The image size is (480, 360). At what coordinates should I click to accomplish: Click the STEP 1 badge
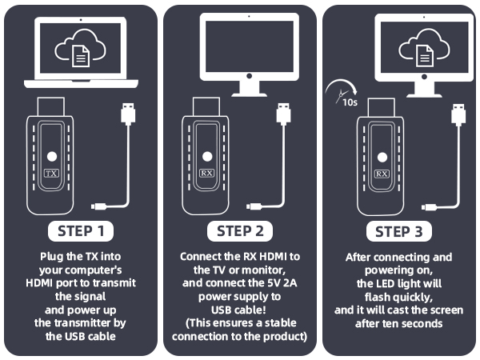[x=81, y=231]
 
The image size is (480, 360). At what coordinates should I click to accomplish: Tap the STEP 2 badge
[x=240, y=231]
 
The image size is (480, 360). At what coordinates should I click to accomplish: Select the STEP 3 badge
[x=399, y=232]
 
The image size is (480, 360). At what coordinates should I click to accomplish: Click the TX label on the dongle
[x=51, y=174]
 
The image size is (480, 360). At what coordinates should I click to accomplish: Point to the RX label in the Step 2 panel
[x=206, y=174]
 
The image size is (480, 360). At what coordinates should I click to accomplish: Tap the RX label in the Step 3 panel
[x=382, y=174]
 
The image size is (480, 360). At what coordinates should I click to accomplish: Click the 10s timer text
[x=350, y=102]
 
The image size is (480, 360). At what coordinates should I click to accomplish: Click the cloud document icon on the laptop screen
[x=81, y=48]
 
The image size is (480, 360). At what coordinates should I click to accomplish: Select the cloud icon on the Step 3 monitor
[x=424, y=48]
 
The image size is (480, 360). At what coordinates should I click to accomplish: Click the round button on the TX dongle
[x=52, y=157]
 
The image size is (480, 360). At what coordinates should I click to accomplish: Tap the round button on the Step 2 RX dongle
[x=207, y=157]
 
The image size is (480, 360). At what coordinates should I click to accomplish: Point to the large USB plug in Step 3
[x=458, y=114]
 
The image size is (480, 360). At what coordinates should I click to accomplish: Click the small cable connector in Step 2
[x=254, y=206]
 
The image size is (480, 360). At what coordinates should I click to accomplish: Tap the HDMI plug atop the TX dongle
[x=51, y=106]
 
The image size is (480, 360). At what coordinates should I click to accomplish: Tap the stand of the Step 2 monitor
[x=249, y=89]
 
